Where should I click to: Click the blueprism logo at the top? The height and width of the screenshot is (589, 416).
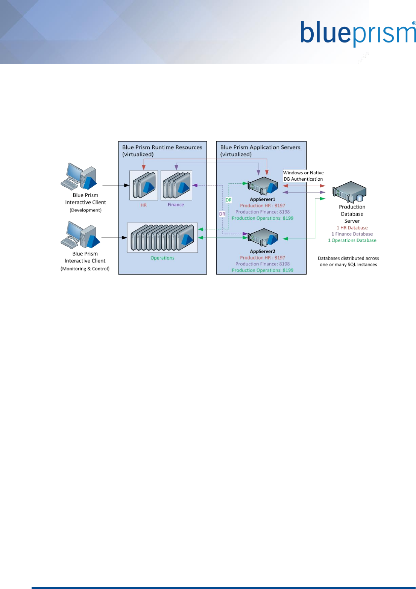click(x=357, y=34)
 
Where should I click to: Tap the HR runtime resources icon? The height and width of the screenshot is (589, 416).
click(x=144, y=185)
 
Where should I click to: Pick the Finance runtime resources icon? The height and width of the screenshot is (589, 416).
click(x=176, y=185)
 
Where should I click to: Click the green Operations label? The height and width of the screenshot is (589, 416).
click(x=162, y=258)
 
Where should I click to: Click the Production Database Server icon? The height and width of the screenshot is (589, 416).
click(x=349, y=192)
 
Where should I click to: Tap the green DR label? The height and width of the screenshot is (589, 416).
click(x=229, y=200)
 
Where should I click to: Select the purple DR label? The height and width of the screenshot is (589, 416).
click(x=222, y=214)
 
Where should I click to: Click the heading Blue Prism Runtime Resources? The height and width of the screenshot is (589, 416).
click(x=162, y=147)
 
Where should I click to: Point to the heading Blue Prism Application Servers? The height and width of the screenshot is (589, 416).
click(x=260, y=147)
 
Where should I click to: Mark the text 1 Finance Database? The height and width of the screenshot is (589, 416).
click(x=352, y=234)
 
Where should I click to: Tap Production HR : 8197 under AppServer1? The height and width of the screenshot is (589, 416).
click(x=263, y=206)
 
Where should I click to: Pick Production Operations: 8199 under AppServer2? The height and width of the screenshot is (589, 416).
click(x=263, y=270)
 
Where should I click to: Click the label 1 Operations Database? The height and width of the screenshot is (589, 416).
click(x=352, y=240)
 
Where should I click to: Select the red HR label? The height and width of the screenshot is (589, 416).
click(x=144, y=205)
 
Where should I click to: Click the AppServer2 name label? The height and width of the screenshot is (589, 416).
click(x=263, y=251)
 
